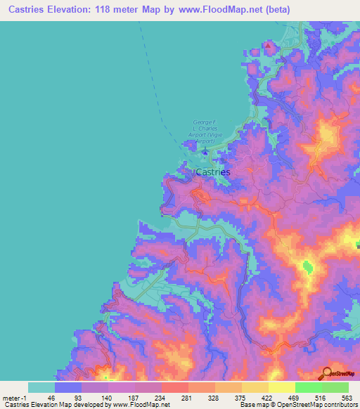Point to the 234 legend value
point(162,397)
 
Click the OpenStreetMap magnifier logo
point(326,372)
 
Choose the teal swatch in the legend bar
point(41,387)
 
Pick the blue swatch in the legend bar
point(68,387)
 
